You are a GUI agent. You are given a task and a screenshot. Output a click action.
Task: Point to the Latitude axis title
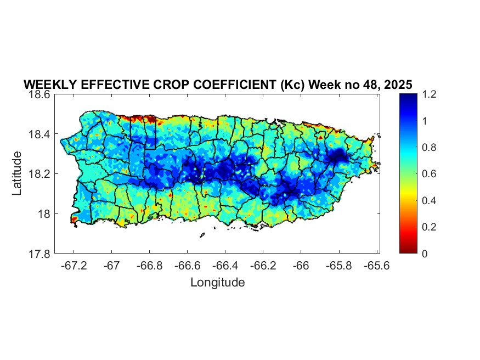(x=18, y=173)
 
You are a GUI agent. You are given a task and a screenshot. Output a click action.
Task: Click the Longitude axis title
(x=217, y=283)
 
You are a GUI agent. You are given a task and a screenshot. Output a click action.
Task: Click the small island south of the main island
(x=202, y=235)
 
